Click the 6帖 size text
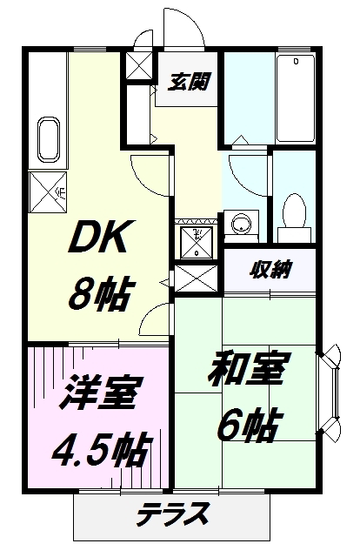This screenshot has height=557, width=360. (247, 426)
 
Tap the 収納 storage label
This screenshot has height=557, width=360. (271, 267)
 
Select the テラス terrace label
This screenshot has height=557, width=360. (172, 513)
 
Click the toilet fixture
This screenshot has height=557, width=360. (294, 212)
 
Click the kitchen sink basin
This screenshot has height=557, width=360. (49, 138)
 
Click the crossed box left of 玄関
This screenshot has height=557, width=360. (137, 66)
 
